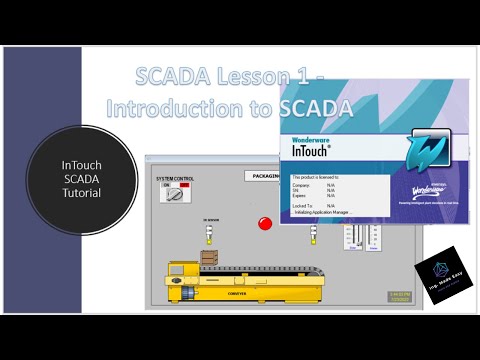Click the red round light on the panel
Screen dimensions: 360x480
pos(265,221)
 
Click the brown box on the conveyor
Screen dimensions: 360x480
pos(209,256)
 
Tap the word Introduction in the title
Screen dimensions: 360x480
pos(170,106)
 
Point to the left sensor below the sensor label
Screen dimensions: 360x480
pos(210,233)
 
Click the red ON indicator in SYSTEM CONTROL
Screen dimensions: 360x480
pos(169,186)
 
